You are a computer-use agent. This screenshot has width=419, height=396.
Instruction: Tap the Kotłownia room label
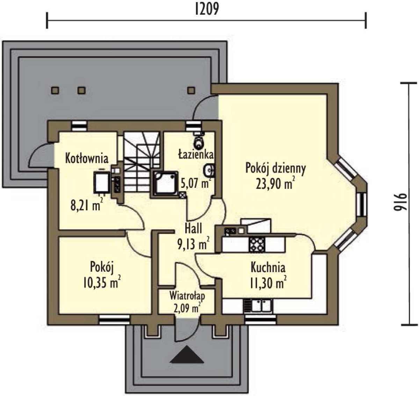coord(87,158)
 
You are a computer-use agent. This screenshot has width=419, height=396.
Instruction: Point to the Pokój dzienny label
coord(275,169)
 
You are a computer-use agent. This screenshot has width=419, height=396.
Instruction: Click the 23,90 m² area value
coord(275,183)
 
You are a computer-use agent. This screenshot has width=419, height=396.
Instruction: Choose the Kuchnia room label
coord(268,267)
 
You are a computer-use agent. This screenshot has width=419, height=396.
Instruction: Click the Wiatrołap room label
coord(187,296)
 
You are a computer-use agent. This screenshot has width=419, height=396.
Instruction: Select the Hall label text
coord(194,229)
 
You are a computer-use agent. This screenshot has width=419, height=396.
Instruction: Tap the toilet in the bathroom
coord(198,140)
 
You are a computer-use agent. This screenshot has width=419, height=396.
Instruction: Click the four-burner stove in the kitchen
coord(257,244)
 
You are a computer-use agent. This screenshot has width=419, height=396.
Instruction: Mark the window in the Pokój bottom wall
coord(114,320)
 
